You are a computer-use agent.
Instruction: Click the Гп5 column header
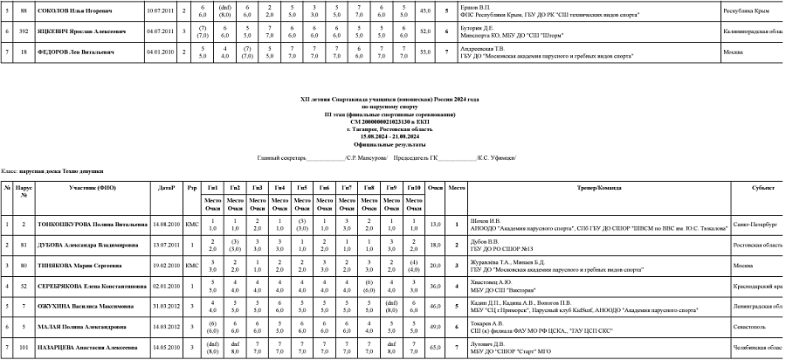(x=301, y=188)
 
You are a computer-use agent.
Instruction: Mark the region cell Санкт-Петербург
(x=755, y=225)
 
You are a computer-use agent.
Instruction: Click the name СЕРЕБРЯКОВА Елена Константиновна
(x=93, y=286)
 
